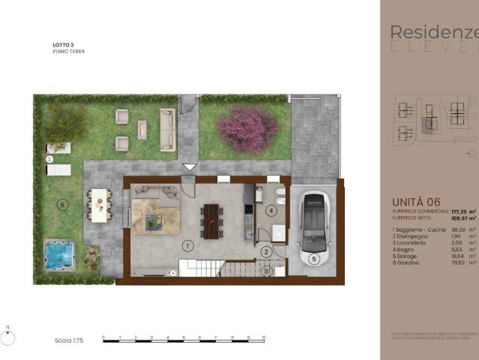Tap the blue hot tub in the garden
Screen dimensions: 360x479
[57, 254]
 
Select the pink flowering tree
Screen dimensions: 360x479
[247, 130]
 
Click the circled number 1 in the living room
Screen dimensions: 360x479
[187, 245]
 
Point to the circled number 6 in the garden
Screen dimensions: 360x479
[63, 204]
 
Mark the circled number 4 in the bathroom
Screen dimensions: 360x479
[271, 211]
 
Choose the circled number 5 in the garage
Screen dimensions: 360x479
[313, 259]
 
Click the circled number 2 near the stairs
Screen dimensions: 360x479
[266, 252]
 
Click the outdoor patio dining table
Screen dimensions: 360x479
[98, 204]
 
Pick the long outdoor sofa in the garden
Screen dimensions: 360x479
[167, 130]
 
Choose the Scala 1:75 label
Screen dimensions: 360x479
[68, 340]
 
